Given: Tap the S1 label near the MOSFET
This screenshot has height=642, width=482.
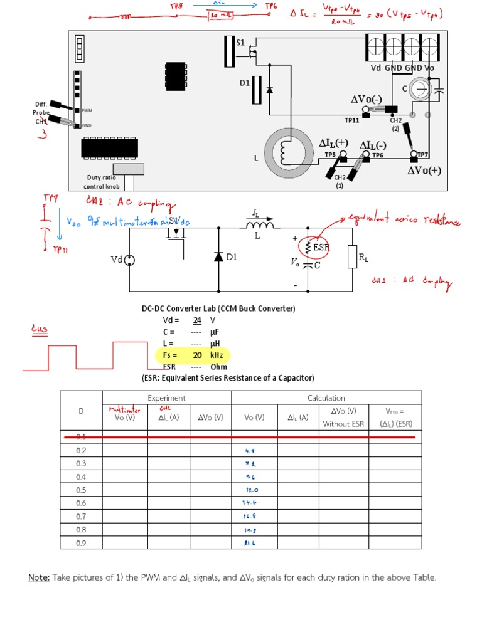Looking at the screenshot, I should click(240, 43).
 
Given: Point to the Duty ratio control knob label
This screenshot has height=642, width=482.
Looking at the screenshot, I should click(102, 182).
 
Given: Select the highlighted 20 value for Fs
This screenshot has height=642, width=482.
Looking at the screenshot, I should click(197, 355).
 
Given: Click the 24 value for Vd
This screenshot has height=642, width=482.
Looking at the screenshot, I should click(197, 320).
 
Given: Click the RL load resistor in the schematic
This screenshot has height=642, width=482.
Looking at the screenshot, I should click(352, 258).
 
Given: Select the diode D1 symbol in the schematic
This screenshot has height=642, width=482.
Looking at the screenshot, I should click(219, 257).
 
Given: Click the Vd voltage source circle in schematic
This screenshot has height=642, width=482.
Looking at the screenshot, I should click(130, 260).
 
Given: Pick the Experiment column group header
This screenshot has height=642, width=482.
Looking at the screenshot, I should click(166, 397).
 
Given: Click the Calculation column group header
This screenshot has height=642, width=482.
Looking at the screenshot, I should click(326, 397).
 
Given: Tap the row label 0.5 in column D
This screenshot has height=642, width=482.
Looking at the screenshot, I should click(81, 490).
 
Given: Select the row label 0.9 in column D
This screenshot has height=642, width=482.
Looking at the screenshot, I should click(81, 542).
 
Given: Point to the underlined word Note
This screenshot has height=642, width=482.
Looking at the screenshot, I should click(40, 577).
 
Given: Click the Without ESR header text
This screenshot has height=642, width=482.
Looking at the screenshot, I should click(343, 424).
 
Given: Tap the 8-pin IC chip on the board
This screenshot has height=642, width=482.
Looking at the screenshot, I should click(175, 73).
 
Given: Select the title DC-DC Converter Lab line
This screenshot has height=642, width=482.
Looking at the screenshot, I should click(218, 308).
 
